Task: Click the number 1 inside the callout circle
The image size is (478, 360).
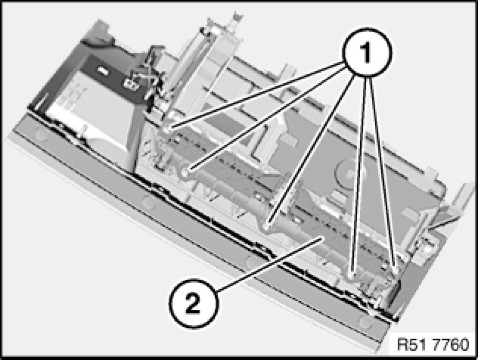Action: (x=367, y=52)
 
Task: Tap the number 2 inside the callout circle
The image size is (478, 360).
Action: (x=193, y=303)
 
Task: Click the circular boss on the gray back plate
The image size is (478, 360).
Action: (x=345, y=172)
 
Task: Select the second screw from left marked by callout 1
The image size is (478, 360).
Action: (x=186, y=173)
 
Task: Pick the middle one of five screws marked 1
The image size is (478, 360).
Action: (x=268, y=226)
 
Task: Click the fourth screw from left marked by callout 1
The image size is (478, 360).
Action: (x=351, y=276)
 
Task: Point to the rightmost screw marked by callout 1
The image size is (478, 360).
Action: (x=394, y=269)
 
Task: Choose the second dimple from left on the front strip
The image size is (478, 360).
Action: (x=149, y=202)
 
